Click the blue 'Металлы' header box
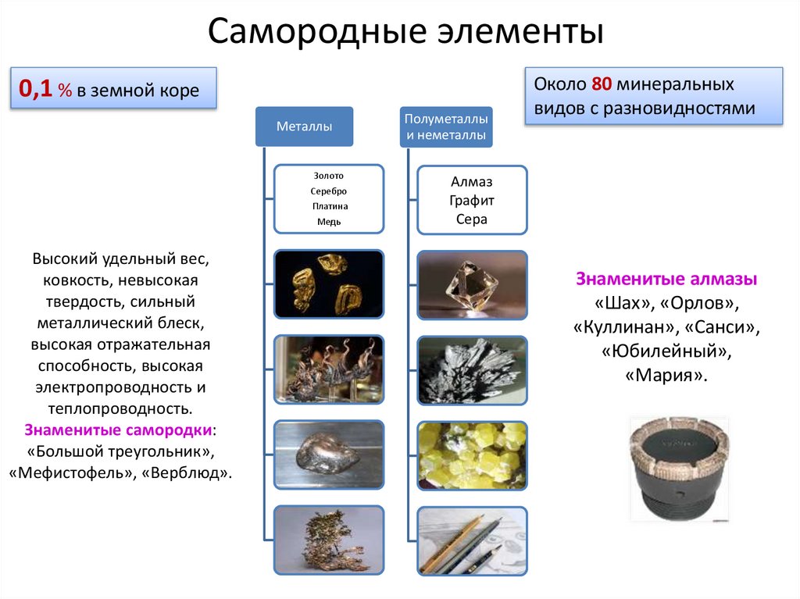click(x=304, y=127)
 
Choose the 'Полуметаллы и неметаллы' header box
click(x=446, y=127)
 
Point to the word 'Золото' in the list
click(x=328, y=176)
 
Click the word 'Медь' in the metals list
click(x=328, y=222)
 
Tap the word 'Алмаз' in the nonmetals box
click(x=472, y=182)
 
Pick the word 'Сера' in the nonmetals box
click(x=472, y=219)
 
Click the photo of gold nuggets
click(x=328, y=283)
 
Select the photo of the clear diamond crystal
click(x=472, y=284)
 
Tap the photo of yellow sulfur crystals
click(x=472, y=455)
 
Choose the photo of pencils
click(x=472, y=540)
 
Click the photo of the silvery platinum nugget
click(x=328, y=455)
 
